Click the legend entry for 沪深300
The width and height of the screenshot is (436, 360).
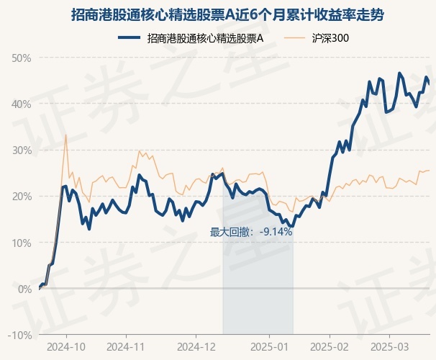pyautogui.click(x=332, y=37)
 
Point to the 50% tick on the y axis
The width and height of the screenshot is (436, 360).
pyautogui.click(x=22, y=58)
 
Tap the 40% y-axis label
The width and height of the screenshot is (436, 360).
pyautogui.click(x=22, y=104)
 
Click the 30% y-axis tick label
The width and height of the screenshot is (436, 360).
pyautogui.click(x=22, y=150)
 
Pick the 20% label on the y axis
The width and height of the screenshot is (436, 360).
pyautogui.click(x=22, y=196)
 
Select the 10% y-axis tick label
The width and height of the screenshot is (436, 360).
pyautogui.click(x=22, y=243)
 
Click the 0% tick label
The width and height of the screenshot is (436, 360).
pyautogui.click(x=24, y=289)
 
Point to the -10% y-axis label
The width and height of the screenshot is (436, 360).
pyautogui.click(x=20, y=335)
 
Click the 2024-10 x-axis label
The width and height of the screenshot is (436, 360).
pyautogui.click(x=66, y=346)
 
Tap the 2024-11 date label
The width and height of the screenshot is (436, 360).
pyautogui.click(x=126, y=346)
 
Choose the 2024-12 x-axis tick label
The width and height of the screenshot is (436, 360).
pyautogui.click(x=196, y=346)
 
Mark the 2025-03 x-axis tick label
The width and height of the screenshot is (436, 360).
pyautogui.click(x=389, y=346)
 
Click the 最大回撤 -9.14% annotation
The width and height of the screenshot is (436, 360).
pyautogui.click(x=251, y=232)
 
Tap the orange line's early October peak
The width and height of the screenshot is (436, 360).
pyautogui.click(x=66, y=135)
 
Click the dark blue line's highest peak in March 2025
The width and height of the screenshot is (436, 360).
pyautogui.click(x=399, y=73)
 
